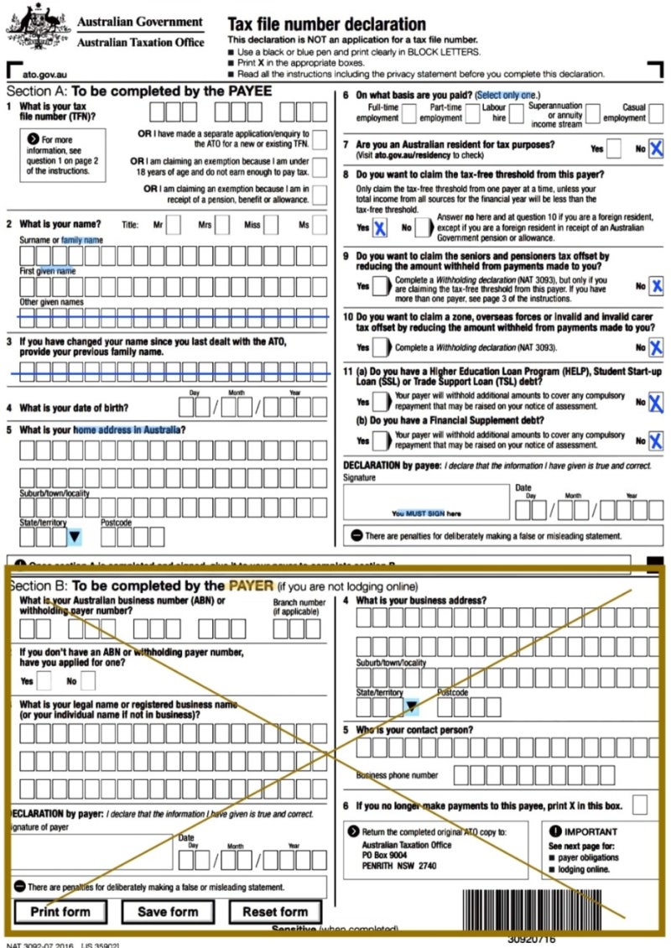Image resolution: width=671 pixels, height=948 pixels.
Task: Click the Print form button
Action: click(60, 912)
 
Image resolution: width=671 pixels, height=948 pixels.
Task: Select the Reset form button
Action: click(275, 912)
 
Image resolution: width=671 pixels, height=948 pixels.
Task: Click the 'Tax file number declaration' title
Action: click(326, 24)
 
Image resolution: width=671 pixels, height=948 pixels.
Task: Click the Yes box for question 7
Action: click(614, 149)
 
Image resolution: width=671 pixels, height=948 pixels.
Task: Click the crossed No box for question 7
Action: click(656, 149)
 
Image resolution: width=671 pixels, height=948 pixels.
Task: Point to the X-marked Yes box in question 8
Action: click(379, 227)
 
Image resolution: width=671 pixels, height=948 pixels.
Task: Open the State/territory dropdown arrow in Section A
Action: click(74, 536)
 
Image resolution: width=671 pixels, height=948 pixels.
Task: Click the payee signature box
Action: click(426, 502)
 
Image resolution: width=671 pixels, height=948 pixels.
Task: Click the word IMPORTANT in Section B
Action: click(597, 832)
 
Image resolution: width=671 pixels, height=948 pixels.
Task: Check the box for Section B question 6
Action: click(640, 805)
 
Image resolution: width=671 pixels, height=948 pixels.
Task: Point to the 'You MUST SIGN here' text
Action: click(426, 513)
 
